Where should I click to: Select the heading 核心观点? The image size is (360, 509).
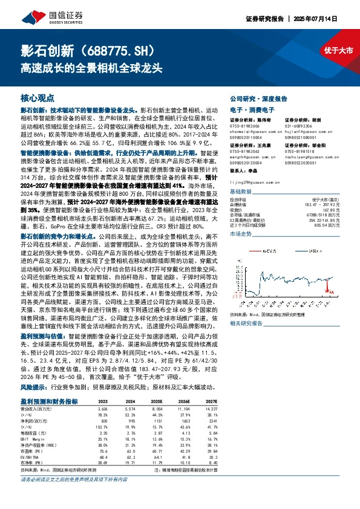[37, 97]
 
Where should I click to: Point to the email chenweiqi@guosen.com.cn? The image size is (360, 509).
[248, 129]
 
